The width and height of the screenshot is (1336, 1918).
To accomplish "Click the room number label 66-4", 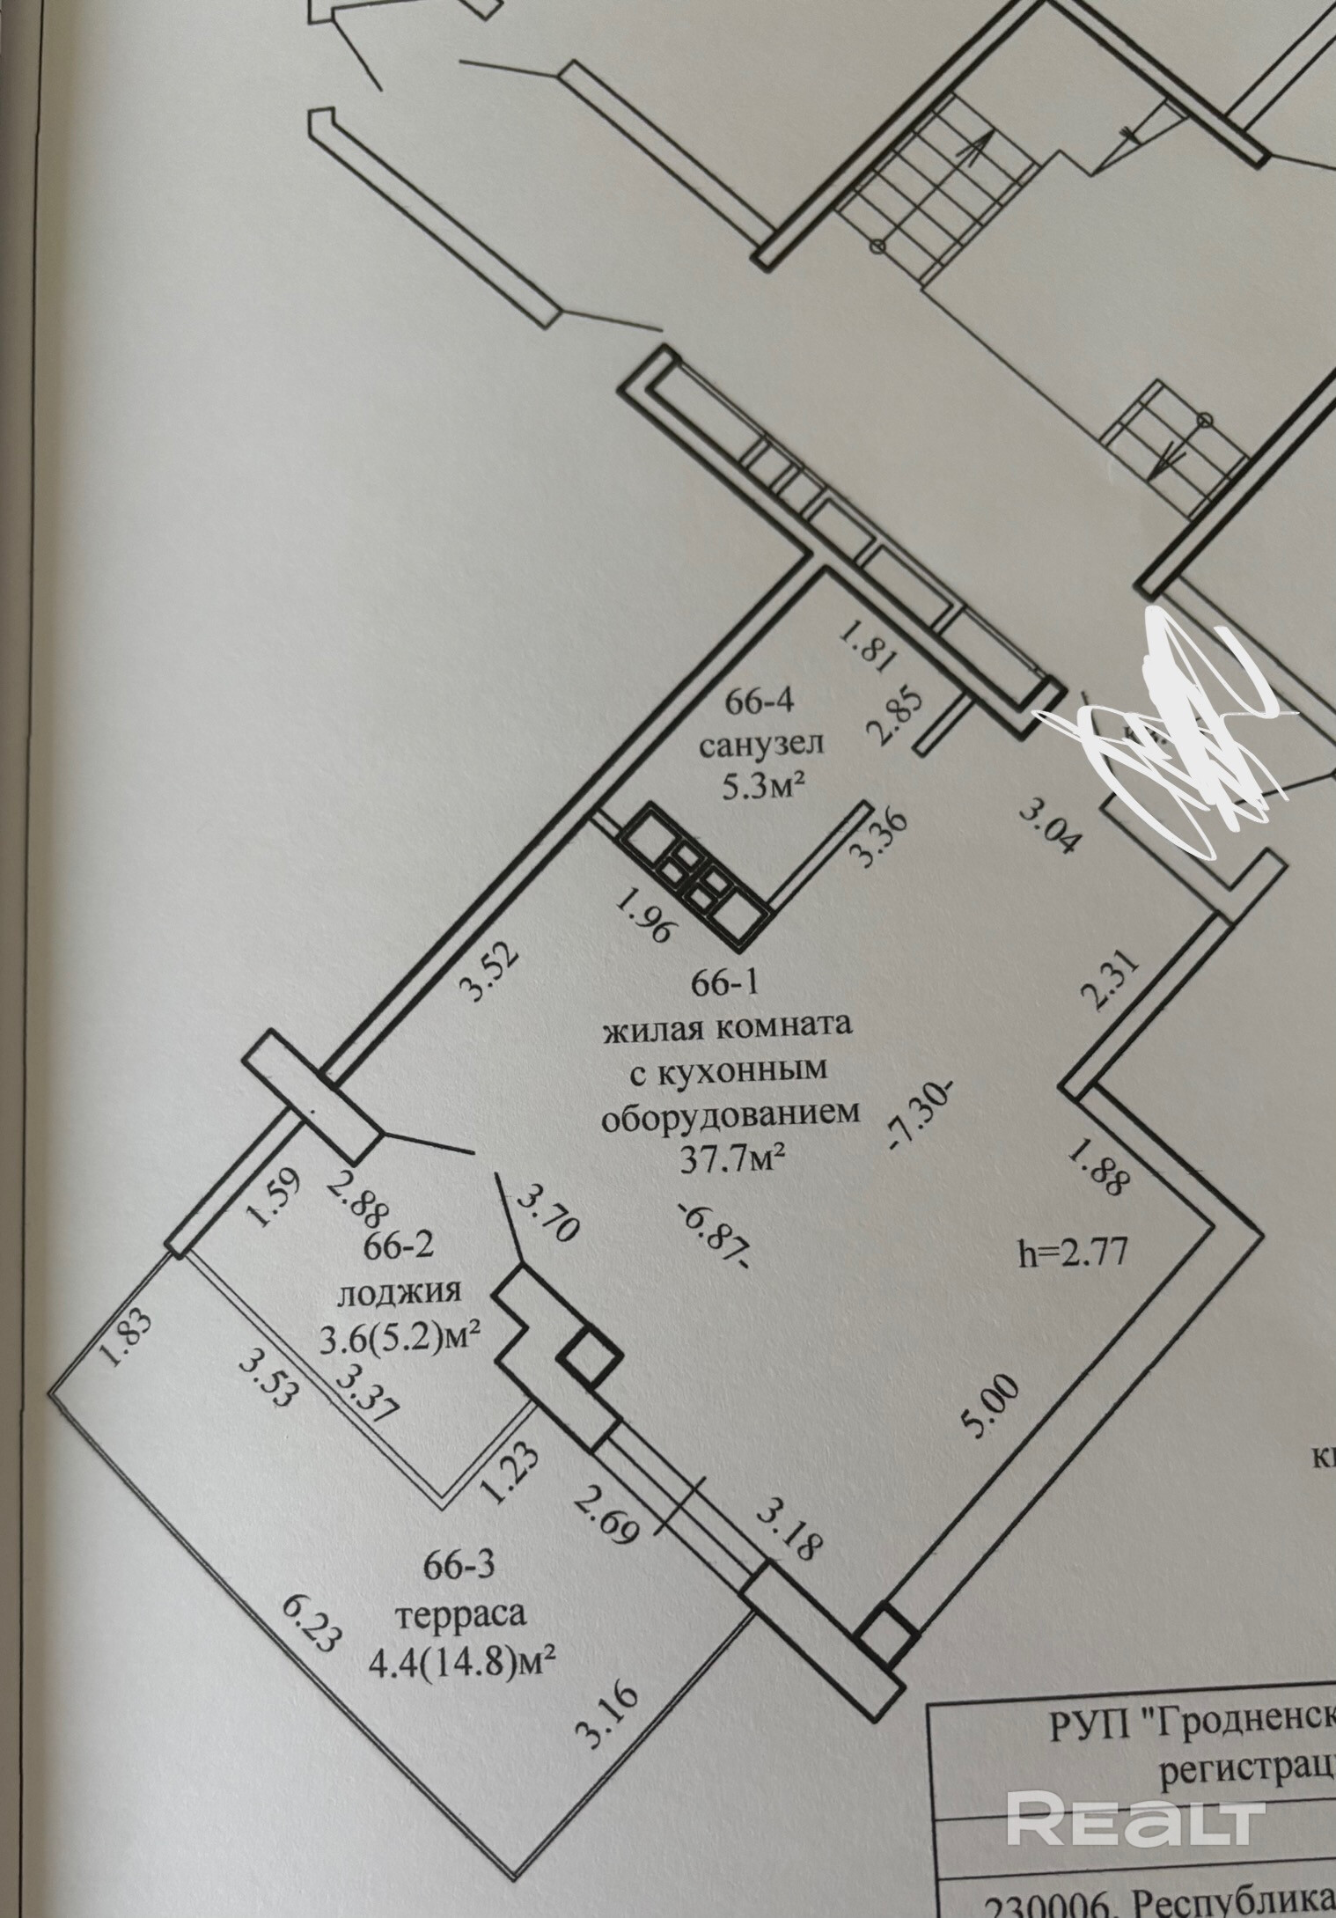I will [x=761, y=702].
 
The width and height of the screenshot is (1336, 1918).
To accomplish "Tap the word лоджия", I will [x=399, y=1291].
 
